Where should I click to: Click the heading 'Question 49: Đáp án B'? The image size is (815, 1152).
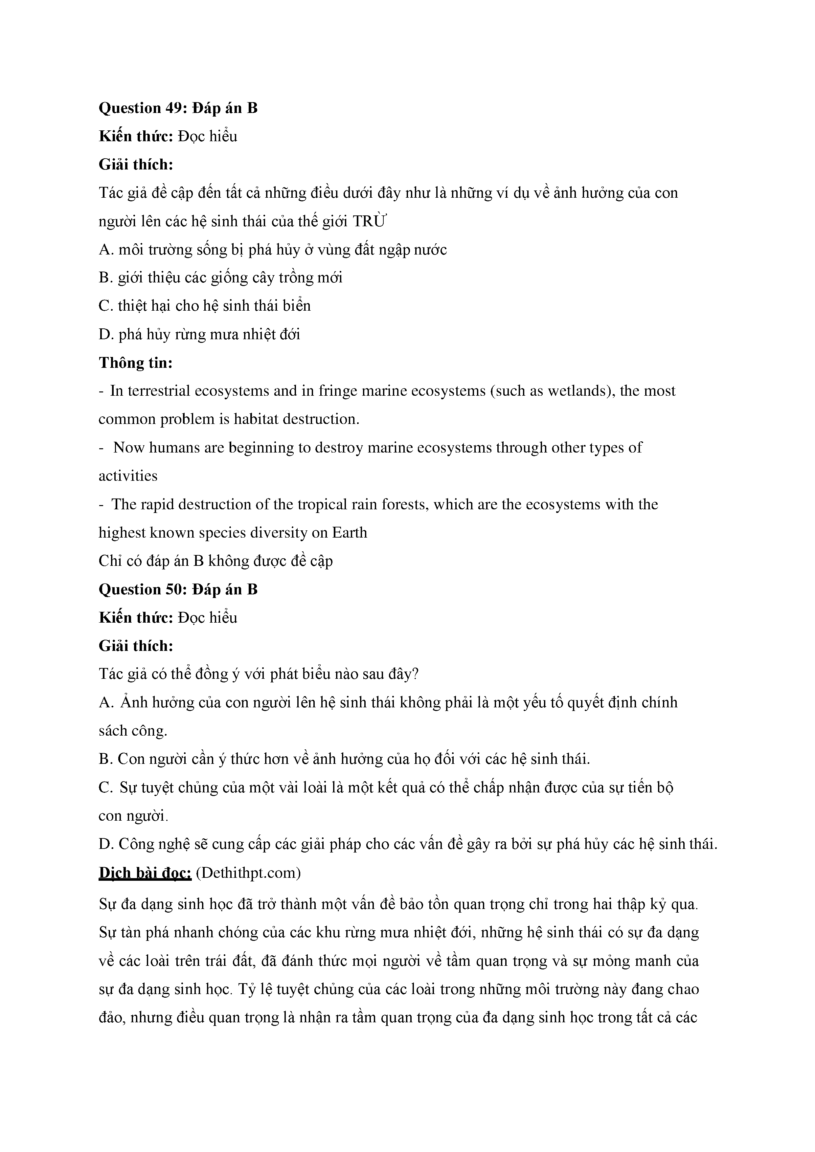click(178, 108)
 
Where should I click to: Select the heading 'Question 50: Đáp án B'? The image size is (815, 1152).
click(178, 589)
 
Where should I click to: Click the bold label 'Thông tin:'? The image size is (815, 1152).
click(135, 362)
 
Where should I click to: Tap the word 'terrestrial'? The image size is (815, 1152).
click(158, 390)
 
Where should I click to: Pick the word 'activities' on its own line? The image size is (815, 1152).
click(128, 476)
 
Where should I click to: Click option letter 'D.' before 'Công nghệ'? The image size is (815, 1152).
click(106, 844)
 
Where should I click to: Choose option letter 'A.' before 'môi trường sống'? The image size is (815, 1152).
click(106, 249)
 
